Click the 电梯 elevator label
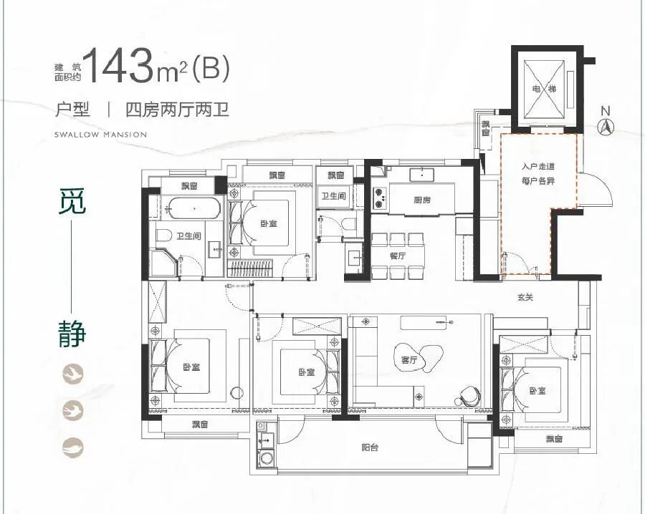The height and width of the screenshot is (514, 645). tap(544, 89)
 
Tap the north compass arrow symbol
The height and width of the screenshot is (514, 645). tap(605, 127)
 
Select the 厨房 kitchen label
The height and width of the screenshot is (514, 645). tap(422, 200)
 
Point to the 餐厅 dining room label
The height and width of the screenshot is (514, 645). tap(397, 256)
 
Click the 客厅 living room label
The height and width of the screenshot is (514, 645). tap(409, 360)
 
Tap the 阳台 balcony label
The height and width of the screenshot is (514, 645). tap(370, 447)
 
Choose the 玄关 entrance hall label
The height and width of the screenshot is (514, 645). tap(525, 297)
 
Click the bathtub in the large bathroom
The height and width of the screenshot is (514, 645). tap(194, 208)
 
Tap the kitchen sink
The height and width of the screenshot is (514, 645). tap(422, 174)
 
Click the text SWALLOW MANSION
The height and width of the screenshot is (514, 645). tap(100, 135)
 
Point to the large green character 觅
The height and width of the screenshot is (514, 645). tap(72, 201)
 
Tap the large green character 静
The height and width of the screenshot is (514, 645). tap(72, 334)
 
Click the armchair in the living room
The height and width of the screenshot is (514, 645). tap(468, 396)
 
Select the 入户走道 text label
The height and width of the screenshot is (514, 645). tap(538, 166)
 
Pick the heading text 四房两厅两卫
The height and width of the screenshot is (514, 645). tap(177, 110)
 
